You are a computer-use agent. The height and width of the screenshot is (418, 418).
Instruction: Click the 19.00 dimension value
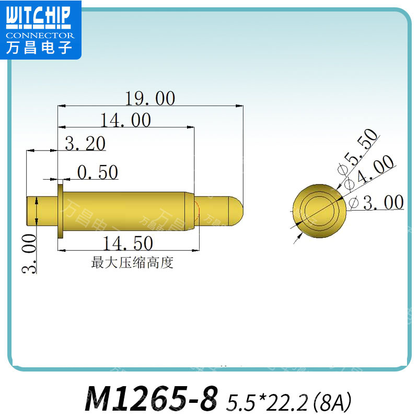150,98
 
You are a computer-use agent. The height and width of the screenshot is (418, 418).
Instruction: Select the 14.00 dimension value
126,121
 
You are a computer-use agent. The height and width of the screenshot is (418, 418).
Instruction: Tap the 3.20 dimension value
85,144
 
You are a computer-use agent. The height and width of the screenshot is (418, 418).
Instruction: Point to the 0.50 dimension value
98,172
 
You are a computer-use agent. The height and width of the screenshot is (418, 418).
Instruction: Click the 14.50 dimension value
128,243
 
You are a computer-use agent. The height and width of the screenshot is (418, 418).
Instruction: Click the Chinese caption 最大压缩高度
132,263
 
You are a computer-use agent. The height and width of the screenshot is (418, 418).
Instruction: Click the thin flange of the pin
61,208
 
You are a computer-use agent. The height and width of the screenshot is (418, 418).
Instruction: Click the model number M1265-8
150,400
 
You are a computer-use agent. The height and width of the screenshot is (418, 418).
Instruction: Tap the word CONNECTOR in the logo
40,36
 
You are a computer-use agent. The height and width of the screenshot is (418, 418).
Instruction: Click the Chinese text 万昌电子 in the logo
40,48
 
